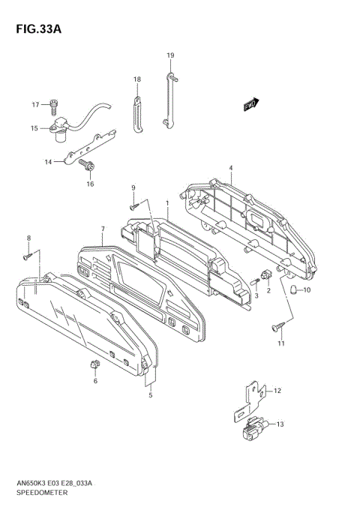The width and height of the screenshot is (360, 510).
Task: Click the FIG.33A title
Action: (x=38, y=29)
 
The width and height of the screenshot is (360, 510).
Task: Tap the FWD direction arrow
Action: (x=251, y=104)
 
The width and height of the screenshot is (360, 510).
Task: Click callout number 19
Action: (x=170, y=55)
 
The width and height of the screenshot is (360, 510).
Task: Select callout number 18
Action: (x=137, y=79)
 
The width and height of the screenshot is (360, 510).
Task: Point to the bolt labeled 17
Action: (x=54, y=106)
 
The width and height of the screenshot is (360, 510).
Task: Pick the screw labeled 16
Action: (x=87, y=165)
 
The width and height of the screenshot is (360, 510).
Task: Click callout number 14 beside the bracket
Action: (x=48, y=162)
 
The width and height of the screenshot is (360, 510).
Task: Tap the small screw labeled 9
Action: (x=134, y=206)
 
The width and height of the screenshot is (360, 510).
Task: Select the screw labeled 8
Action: (x=28, y=256)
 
